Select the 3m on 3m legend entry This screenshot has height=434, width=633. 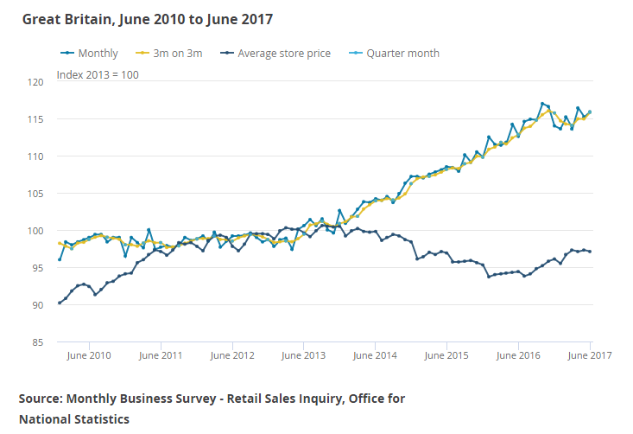[x=177, y=53]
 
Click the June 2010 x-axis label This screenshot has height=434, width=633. [x=89, y=355]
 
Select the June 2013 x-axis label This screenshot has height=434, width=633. [x=304, y=355]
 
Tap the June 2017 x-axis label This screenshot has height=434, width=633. [x=591, y=355]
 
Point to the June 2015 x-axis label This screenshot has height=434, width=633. [x=447, y=355]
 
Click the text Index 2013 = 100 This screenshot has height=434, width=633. [x=98, y=74]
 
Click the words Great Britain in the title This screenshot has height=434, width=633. [x=61, y=18]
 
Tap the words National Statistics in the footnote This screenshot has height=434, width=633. [x=74, y=419]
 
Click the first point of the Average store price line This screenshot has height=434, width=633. [x=60, y=303]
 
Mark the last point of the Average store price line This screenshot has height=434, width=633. [x=590, y=252]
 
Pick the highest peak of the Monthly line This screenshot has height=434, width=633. [x=542, y=104]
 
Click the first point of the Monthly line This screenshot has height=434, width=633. [x=60, y=259]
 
